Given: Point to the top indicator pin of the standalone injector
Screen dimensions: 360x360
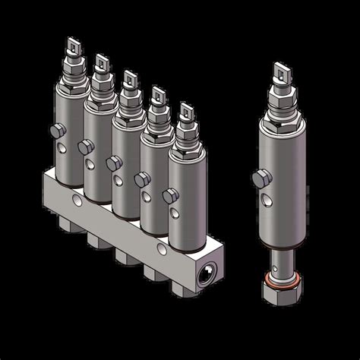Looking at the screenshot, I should tap(284, 72).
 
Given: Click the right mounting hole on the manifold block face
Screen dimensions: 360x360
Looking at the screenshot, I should tap(161, 249).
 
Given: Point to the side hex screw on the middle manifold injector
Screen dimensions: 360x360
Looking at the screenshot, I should tap(112, 163).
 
